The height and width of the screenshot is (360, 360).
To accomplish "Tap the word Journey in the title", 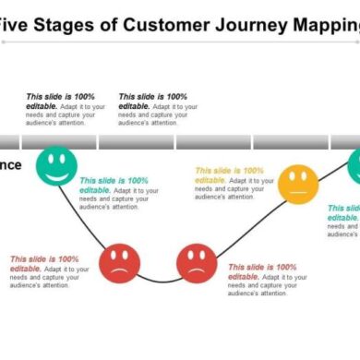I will click(260, 25).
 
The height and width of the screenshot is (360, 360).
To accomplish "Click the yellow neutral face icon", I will click(297, 185).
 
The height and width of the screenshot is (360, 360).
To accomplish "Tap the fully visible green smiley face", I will click(56, 165).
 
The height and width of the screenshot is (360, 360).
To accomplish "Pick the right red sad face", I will click(196, 262).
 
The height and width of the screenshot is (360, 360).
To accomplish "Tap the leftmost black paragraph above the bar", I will click(62, 109).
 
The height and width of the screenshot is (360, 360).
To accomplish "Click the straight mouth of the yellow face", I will click(297, 192).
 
